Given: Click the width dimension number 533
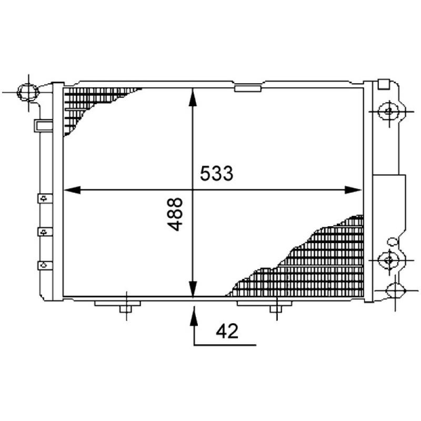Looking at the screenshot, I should click(x=216, y=173).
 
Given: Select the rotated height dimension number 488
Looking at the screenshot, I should click(x=176, y=214).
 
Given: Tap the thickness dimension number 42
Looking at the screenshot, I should click(x=227, y=331).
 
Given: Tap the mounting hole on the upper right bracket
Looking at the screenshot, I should click(x=389, y=111).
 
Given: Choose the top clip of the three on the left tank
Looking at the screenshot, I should click(x=43, y=198).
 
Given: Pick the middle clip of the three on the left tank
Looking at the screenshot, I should click(x=43, y=231).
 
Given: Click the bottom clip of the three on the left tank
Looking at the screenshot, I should click(x=43, y=264).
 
